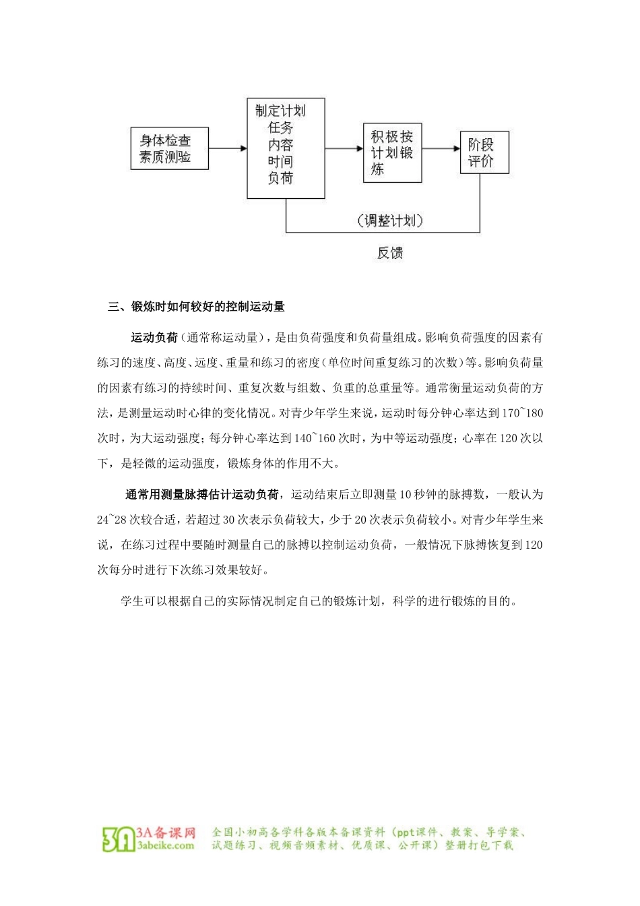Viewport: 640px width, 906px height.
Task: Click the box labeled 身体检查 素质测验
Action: (169, 148)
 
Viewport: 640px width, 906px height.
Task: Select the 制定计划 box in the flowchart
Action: (286, 149)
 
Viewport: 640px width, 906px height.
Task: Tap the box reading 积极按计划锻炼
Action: (392, 153)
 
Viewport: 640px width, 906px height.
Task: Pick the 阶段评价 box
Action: (484, 153)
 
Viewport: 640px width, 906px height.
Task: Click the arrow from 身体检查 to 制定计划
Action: (228, 148)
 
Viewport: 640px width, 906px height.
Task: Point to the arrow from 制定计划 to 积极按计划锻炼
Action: (344, 148)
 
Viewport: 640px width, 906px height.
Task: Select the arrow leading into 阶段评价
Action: (441, 148)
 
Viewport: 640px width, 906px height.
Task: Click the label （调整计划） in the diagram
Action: (390, 220)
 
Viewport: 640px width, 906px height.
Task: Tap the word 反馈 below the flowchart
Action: (390, 253)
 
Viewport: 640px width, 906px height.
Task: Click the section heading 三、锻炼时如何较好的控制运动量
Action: (197, 307)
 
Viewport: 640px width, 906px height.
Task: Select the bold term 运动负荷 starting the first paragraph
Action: (154, 338)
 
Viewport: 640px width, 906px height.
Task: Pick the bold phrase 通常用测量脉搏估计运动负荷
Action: (202, 495)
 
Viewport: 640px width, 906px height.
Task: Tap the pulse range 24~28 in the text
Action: (112, 520)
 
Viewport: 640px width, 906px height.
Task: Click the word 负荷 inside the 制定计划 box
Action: (280, 179)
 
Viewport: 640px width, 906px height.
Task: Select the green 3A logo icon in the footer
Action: (118, 838)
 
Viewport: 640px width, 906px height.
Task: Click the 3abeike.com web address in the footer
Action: (166, 845)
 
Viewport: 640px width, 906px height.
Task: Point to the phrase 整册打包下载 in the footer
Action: (479, 845)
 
